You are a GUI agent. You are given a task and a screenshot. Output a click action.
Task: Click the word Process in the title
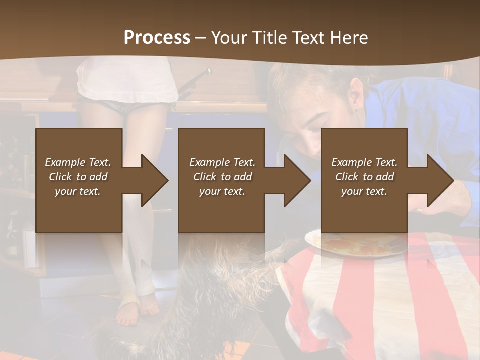pyautogui.click(x=157, y=38)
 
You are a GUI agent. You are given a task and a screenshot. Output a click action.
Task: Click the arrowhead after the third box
pyautogui.click(x=439, y=180)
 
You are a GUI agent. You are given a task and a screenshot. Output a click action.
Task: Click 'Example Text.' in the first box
pyautogui.click(x=78, y=162)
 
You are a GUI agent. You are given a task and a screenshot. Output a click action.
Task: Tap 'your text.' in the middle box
pyautogui.click(x=222, y=191)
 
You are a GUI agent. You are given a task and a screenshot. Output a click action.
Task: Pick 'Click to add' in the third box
pyautogui.click(x=364, y=177)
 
